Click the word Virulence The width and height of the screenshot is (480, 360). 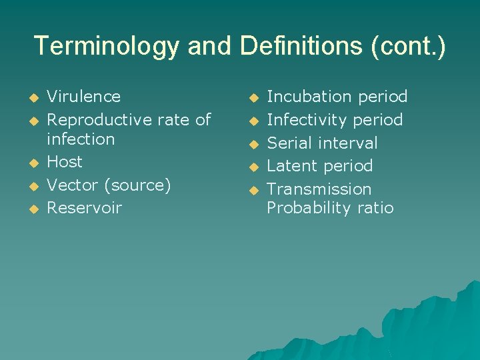[83, 97]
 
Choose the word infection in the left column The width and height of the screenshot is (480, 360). [81, 139]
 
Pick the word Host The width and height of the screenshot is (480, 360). [65, 162]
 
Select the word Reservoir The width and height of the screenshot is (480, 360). [85, 207]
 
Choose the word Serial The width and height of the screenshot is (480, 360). [290, 143]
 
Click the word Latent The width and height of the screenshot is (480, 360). [291, 165]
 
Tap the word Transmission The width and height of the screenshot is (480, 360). [319, 189]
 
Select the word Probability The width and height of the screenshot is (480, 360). [307, 208]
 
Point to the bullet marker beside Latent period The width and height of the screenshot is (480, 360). [253, 167]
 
